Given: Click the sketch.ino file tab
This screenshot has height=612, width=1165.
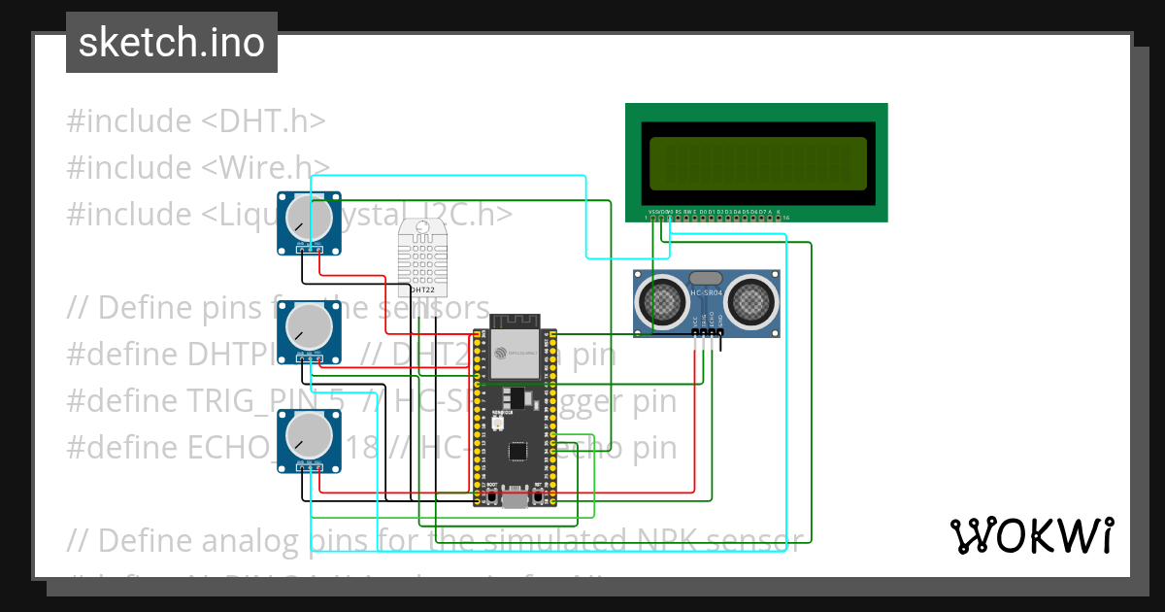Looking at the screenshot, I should coord(172,43).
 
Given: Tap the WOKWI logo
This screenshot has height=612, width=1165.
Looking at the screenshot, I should coord(1030,535).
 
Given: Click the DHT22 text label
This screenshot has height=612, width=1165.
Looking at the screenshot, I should coord(423,289).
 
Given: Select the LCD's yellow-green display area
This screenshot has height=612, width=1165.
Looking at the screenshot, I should coord(757,163).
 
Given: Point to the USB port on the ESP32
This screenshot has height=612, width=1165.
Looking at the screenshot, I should coord(515,501).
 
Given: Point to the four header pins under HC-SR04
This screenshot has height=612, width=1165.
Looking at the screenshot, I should coord(708,334).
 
